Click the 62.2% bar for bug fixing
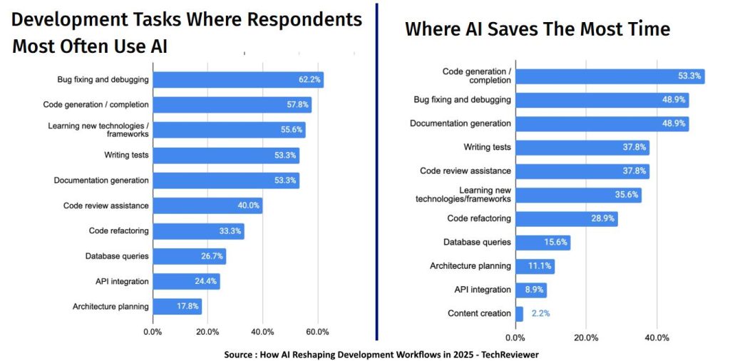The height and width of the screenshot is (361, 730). pyautogui.click(x=237, y=80)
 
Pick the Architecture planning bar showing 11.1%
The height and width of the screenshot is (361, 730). pyautogui.click(x=534, y=266)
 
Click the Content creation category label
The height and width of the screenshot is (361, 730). pyautogui.click(x=479, y=313)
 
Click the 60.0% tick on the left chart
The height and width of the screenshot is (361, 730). pyautogui.click(x=317, y=332)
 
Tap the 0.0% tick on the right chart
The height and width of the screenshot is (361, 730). pyautogui.click(x=515, y=337)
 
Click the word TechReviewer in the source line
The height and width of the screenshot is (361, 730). pyautogui.click(x=508, y=353)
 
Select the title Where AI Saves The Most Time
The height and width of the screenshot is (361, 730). pyautogui.click(x=538, y=29)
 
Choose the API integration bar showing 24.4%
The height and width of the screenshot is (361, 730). pyautogui.click(x=186, y=281)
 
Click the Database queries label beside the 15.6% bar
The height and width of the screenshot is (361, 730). pyautogui.click(x=477, y=242)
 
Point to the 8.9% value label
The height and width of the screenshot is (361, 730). pyautogui.click(x=532, y=290)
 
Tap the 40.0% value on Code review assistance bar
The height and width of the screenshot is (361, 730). pyautogui.click(x=249, y=205)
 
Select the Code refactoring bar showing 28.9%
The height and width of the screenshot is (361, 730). pyautogui.click(x=566, y=218)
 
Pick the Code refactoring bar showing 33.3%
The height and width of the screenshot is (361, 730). pyautogui.click(x=198, y=231)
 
